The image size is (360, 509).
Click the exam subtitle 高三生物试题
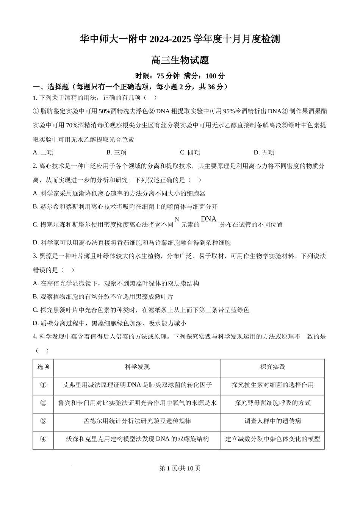point(180,60)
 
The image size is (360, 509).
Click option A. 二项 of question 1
point(43,153)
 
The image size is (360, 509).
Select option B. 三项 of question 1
point(116,153)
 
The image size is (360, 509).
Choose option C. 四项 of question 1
point(190,153)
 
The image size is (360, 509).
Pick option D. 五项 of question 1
point(264,153)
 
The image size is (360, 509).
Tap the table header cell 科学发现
point(137,367)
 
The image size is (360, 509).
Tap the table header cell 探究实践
point(272,367)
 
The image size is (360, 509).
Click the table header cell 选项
point(43,367)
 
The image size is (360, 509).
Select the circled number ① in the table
point(43,385)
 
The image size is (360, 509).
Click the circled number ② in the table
point(43,403)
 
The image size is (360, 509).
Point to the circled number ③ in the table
point(43,421)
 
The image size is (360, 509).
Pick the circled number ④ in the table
point(43,439)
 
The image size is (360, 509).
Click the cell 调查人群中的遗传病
point(272,421)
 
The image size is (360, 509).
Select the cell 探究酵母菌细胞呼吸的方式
point(272,403)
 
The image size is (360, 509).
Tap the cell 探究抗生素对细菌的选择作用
point(272,385)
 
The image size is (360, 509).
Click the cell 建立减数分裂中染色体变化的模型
point(272,439)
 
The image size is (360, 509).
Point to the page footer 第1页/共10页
point(180,468)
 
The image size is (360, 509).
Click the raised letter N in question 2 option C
point(177,219)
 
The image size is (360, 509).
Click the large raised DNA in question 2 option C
point(208,219)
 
